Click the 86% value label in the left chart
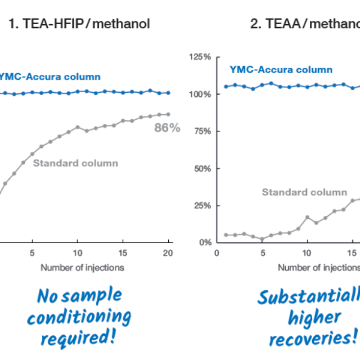[x=167, y=128]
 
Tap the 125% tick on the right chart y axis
[x=200, y=57]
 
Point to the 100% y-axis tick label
[x=200, y=94]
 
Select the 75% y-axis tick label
[x=201, y=132]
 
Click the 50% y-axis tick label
[x=201, y=169]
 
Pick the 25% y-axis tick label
[x=201, y=206]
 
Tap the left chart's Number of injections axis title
[x=82, y=267]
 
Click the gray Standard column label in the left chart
[x=76, y=163]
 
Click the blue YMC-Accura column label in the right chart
[x=281, y=70]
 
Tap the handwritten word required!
[x=79, y=339]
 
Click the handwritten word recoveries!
[x=313, y=339]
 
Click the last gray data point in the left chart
[x=168, y=114]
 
